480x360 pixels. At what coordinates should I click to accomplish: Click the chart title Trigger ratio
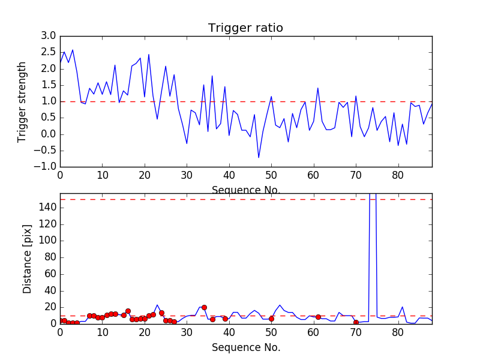click(245, 28)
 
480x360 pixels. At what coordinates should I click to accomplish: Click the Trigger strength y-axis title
click(22, 101)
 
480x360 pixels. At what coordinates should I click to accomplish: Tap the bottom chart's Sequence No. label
click(246, 347)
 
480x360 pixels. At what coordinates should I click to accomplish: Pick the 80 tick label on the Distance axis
click(49, 257)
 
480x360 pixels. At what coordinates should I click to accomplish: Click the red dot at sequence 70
click(356, 322)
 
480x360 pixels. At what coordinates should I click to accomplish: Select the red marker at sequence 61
click(318, 317)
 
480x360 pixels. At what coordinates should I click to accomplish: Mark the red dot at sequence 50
click(271, 319)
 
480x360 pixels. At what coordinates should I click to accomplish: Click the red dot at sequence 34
click(204, 307)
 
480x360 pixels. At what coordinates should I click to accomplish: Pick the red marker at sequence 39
click(225, 319)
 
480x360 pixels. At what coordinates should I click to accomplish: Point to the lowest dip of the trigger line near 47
click(259, 158)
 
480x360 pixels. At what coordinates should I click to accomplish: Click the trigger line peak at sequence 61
click(318, 88)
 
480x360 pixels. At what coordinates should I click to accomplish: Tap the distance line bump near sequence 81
click(403, 307)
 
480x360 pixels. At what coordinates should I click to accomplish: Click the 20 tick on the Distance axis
click(49, 307)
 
